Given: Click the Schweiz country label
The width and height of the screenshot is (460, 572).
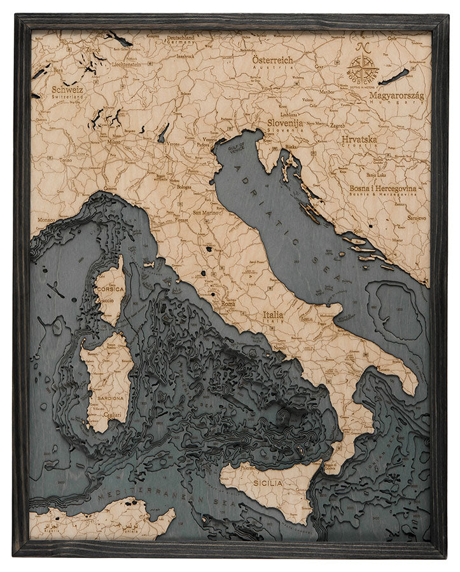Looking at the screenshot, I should click(x=67, y=90).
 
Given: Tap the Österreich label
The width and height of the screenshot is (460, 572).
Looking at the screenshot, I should click(x=273, y=60).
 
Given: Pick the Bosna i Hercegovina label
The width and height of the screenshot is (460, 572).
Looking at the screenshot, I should click(x=383, y=189).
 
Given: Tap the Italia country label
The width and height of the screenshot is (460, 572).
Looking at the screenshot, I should click(x=278, y=314).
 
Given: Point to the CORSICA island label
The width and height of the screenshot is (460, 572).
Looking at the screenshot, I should click(x=109, y=288).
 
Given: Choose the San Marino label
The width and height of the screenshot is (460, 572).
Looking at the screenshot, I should click(x=206, y=213).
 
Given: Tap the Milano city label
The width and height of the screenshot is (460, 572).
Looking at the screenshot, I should click(x=114, y=142).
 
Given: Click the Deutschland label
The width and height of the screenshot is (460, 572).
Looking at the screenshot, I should click(x=181, y=38).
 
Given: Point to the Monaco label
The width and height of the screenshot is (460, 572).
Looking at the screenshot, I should click(x=46, y=219).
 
